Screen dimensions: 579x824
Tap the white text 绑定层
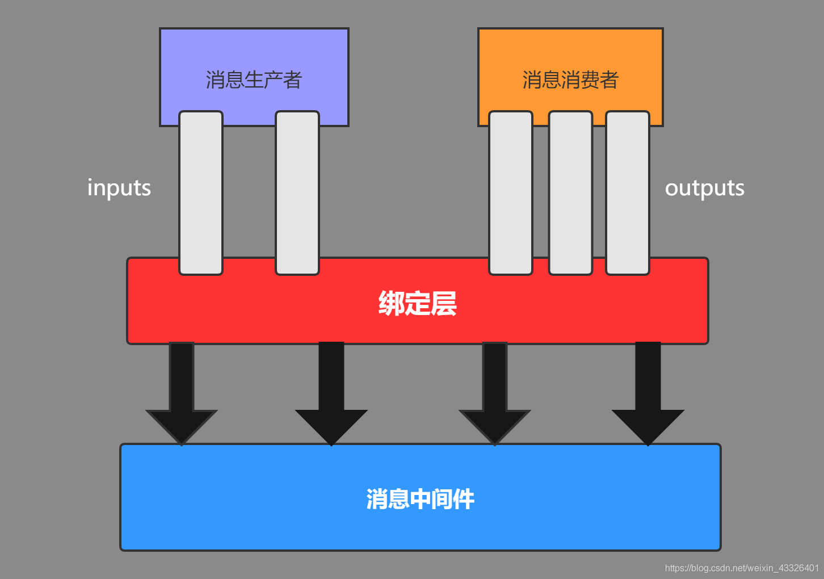(x=417, y=303)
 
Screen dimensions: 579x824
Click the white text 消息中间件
(x=420, y=499)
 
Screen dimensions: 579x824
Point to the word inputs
(x=119, y=188)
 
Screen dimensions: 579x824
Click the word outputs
(x=704, y=188)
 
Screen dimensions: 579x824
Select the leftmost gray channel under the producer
(x=201, y=193)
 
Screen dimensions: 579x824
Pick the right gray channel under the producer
(x=297, y=193)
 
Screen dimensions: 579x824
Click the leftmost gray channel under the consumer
(x=511, y=193)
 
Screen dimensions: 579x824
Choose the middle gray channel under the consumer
(x=570, y=193)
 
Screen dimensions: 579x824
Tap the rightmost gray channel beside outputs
(x=628, y=193)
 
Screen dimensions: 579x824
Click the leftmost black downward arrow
(x=182, y=397)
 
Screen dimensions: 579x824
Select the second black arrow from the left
(x=331, y=397)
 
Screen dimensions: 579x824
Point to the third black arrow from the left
(x=495, y=397)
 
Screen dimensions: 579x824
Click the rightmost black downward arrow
(x=648, y=397)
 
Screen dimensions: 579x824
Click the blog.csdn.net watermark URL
(x=742, y=568)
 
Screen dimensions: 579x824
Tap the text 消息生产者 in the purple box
(x=254, y=80)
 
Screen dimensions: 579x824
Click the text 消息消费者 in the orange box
(x=570, y=80)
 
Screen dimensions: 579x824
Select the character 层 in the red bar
(x=444, y=303)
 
